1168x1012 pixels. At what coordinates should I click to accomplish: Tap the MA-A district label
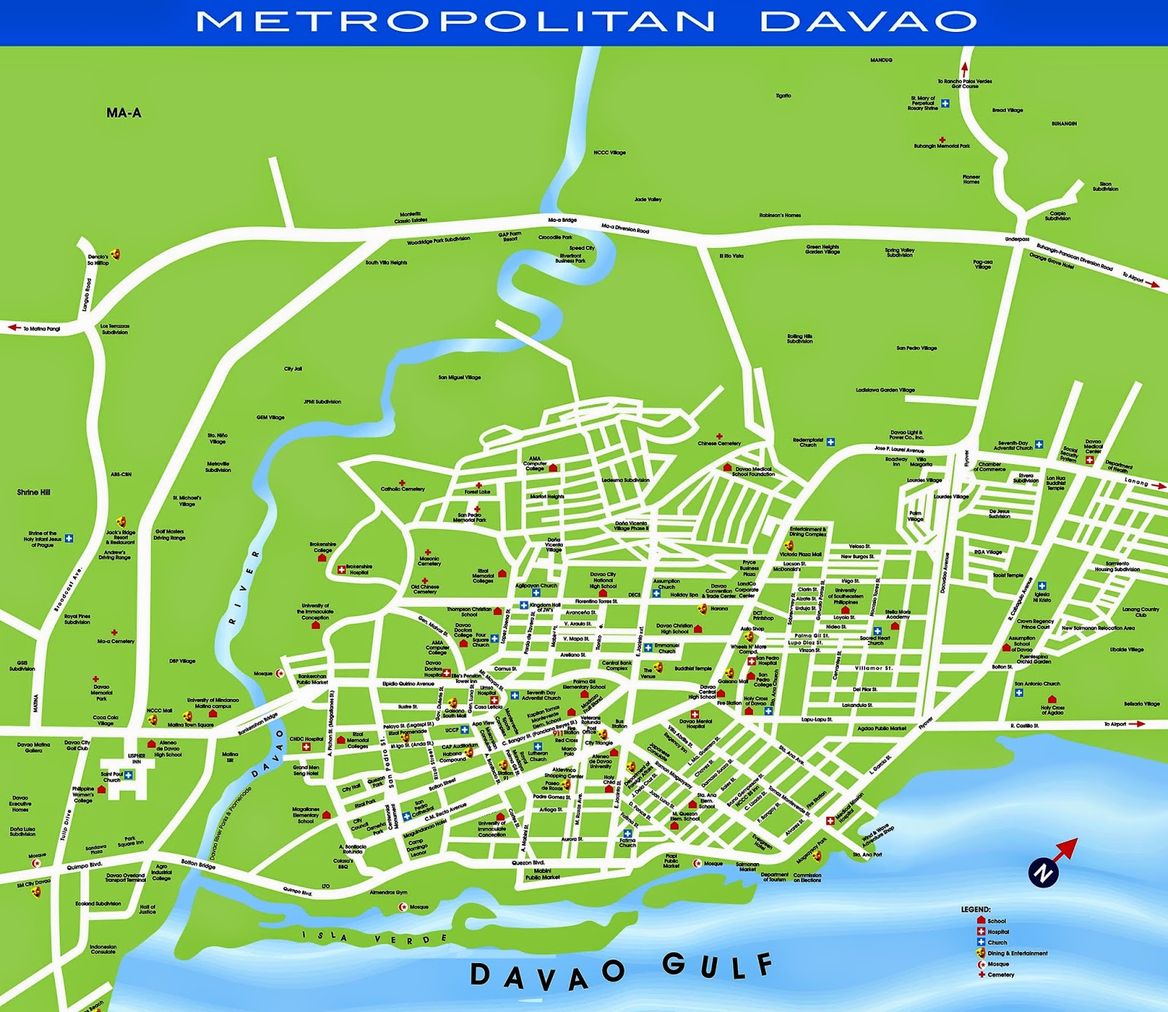[x=123, y=113]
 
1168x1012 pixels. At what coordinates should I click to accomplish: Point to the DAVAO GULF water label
[x=620, y=970]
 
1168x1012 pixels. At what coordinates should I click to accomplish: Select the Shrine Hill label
[x=34, y=493]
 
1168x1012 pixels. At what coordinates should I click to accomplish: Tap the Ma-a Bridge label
[x=562, y=220]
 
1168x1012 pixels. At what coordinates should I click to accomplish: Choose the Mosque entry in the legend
[x=998, y=964]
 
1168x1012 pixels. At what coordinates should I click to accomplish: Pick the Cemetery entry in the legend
[x=1001, y=975]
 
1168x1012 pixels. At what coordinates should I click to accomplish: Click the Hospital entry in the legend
[x=998, y=932]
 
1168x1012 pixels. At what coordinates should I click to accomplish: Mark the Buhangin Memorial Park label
[x=942, y=146]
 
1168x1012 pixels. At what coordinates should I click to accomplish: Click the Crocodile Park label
[x=556, y=237]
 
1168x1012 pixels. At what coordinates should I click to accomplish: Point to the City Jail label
[x=293, y=369]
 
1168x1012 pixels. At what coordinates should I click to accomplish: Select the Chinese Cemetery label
[x=719, y=443]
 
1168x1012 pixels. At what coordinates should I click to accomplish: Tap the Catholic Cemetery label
[x=402, y=489]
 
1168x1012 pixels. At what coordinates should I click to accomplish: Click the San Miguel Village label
[x=459, y=377]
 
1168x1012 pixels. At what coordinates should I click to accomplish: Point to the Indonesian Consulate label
[x=103, y=949]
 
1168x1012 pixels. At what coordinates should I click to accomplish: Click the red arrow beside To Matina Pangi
[x=14, y=328]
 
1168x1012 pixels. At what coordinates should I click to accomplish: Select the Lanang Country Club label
[x=1140, y=611]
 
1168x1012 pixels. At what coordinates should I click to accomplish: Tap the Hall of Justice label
[x=147, y=909]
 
